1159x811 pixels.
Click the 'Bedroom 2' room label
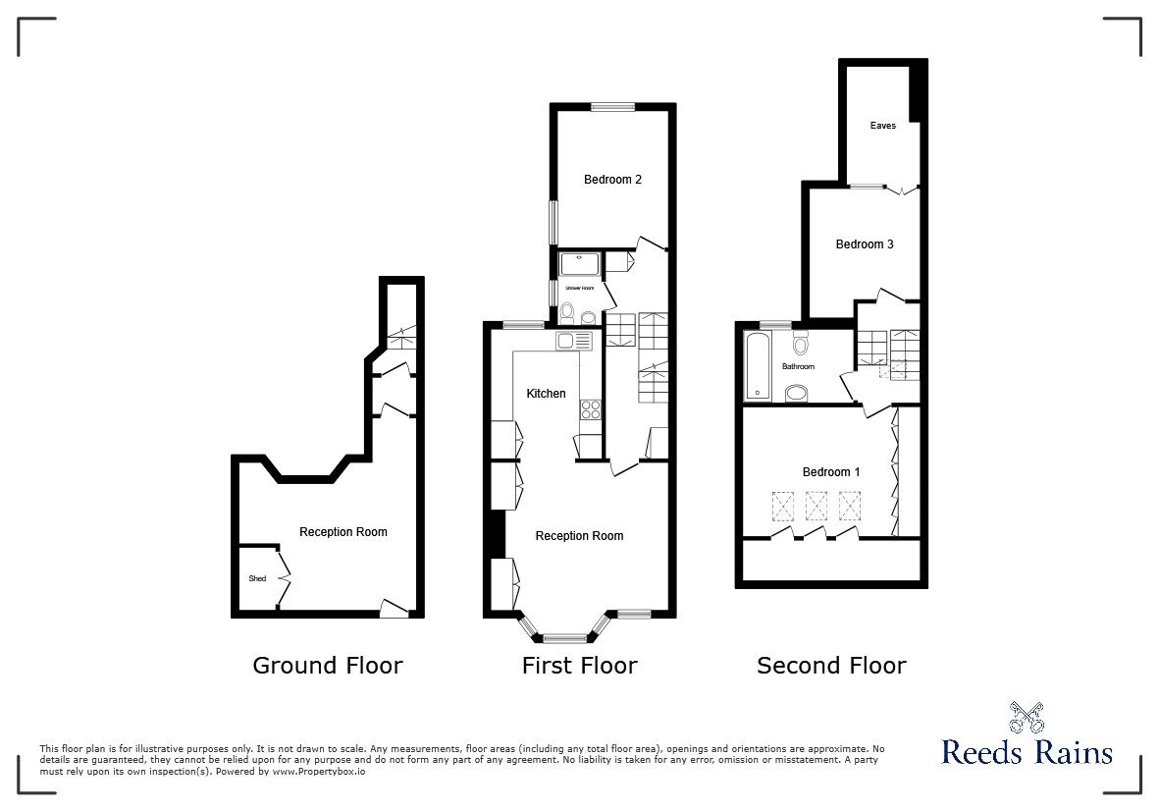(612, 180)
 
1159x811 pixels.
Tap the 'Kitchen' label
(546, 394)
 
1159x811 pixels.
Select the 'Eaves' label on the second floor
(882, 126)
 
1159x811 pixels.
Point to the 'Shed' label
(257, 579)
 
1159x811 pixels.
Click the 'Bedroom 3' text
(864, 244)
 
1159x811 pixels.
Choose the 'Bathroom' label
(798, 367)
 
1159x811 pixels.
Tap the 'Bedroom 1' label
(830, 472)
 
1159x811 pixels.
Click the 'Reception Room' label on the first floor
(579, 536)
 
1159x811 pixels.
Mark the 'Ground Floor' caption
(328, 666)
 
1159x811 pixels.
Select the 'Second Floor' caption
(831, 666)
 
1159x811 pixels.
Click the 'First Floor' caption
(579, 666)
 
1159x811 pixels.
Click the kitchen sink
(573, 341)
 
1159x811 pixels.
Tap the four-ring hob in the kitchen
(591, 408)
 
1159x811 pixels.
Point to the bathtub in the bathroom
(759, 367)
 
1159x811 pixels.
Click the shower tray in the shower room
(579, 265)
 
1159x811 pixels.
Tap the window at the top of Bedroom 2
(612, 106)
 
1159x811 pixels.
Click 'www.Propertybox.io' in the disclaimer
(319, 772)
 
